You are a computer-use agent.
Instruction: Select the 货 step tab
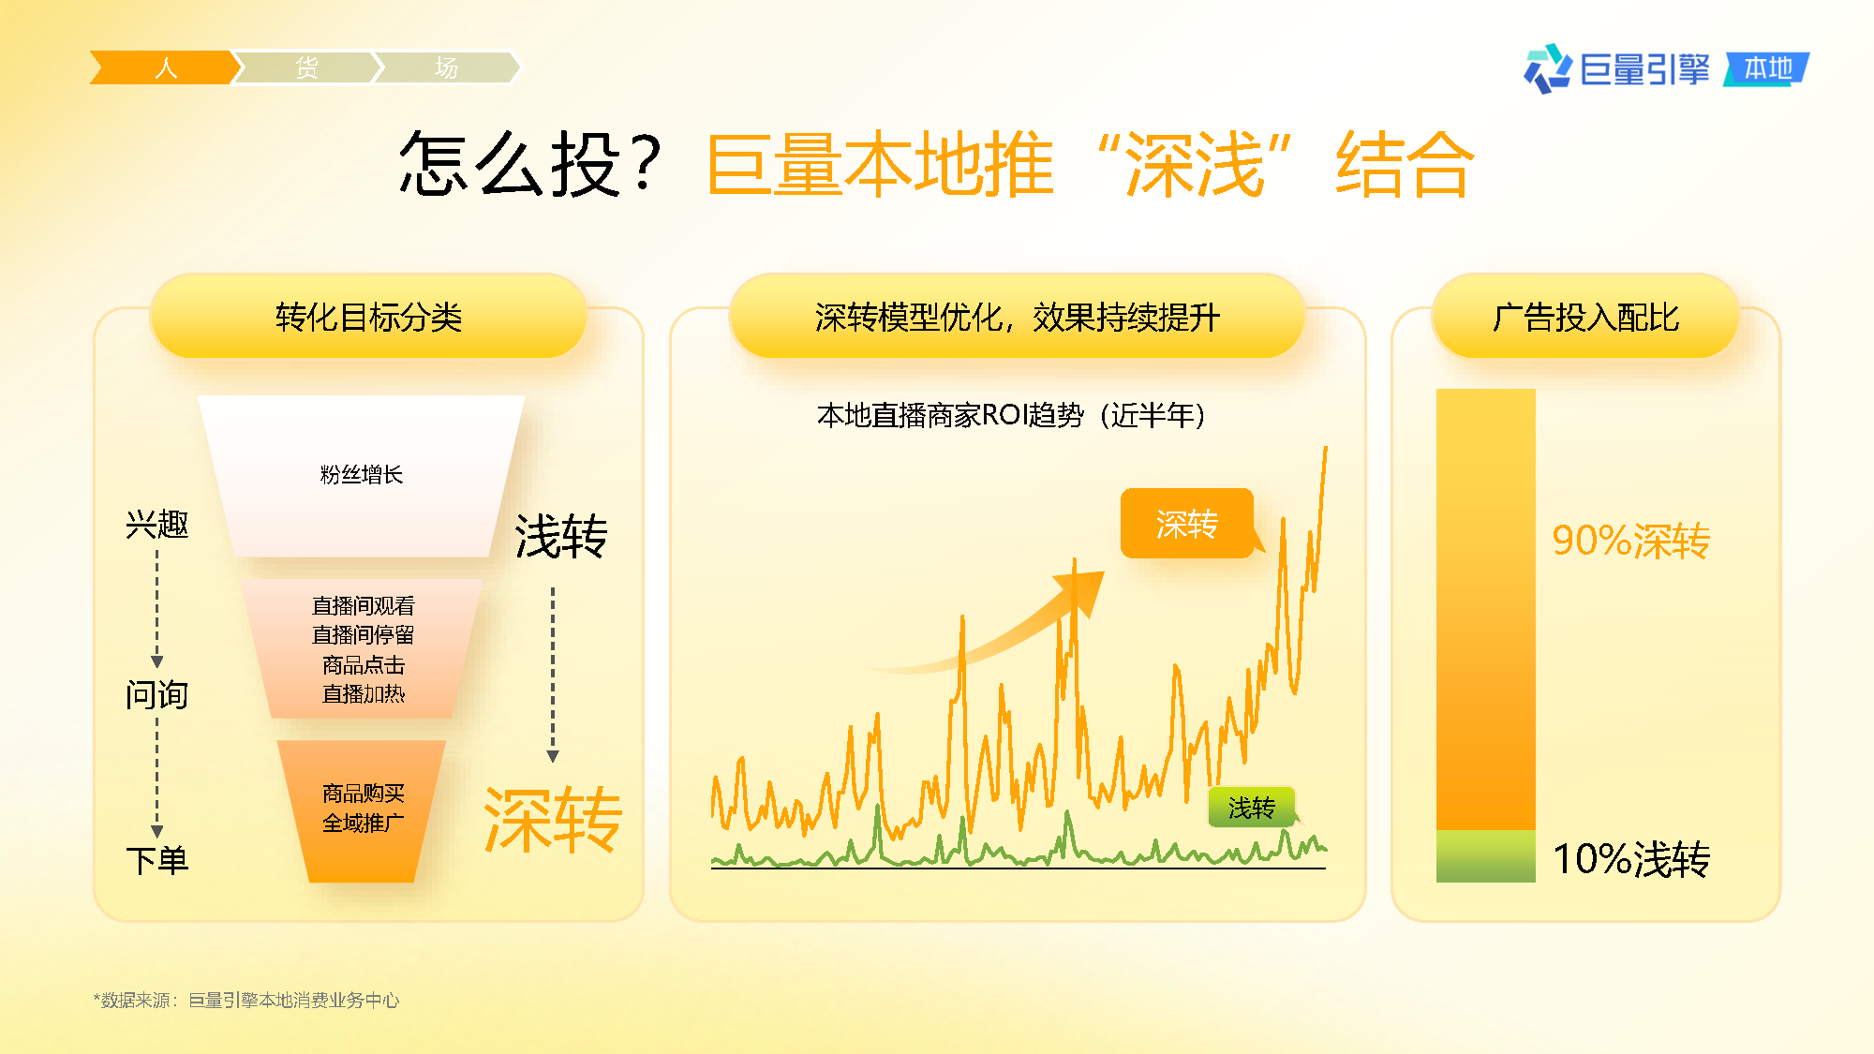click(x=306, y=67)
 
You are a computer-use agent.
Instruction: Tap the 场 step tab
click(x=447, y=67)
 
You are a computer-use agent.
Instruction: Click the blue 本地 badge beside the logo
click(x=1767, y=68)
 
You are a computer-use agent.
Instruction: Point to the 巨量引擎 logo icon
click(x=1547, y=69)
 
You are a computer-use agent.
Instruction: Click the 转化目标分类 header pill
click(x=368, y=317)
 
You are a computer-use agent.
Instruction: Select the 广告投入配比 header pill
click(x=1585, y=317)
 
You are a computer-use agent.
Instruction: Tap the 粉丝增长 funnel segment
click(x=362, y=476)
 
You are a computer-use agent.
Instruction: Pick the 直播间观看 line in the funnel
click(x=363, y=606)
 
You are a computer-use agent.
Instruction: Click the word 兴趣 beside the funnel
click(x=157, y=524)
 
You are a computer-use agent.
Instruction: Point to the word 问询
click(x=157, y=694)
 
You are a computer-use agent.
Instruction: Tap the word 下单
click(x=157, y=859)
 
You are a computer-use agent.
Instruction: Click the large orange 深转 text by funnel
click(x=553, y=820)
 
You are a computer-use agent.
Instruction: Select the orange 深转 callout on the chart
click(x=1187, y=524)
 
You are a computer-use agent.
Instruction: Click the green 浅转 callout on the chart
click(x=1252, y=807)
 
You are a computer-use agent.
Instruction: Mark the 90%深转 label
click(x=1631, y=541)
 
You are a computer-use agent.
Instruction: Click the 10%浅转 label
click(x=1631, y=858)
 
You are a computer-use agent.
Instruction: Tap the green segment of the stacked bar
click(x=1486, y=855)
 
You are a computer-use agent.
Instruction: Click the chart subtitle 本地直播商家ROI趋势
click(x=950, y=414)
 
